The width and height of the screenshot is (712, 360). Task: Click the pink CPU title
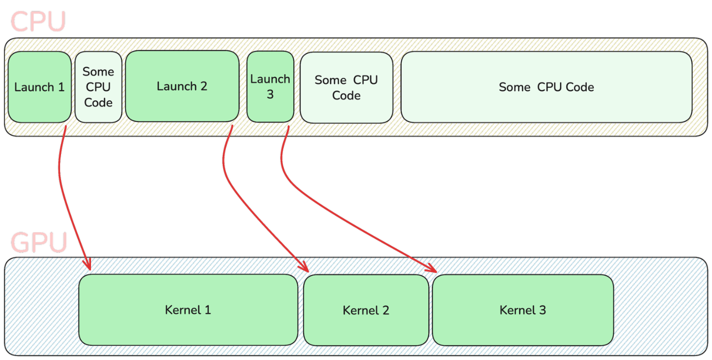tap(38, 21)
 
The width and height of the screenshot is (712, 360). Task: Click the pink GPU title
tap(39, 243)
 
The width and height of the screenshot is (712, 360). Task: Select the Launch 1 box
tap(39, 87)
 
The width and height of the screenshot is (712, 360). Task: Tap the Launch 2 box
tap(182, 86)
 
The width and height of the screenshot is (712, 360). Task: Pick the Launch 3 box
tap(270, 86)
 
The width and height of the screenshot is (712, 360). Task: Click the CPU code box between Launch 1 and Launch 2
tap(98, 87)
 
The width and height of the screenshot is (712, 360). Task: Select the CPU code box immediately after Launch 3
tap(346, 87)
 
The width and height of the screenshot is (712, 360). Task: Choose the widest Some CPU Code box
tap(546, 87)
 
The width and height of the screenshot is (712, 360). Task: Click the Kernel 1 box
tap(188, 310)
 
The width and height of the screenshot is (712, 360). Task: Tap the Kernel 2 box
tap(366, 310)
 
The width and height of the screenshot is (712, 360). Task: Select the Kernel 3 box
tap(522, 310)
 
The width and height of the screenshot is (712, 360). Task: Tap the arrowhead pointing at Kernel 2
tap(303, 267)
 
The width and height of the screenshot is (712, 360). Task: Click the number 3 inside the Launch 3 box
tap(270, 95)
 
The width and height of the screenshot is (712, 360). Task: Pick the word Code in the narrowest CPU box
tap(98, 102)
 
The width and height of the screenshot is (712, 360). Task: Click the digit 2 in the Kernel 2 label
tap(385, 310)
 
